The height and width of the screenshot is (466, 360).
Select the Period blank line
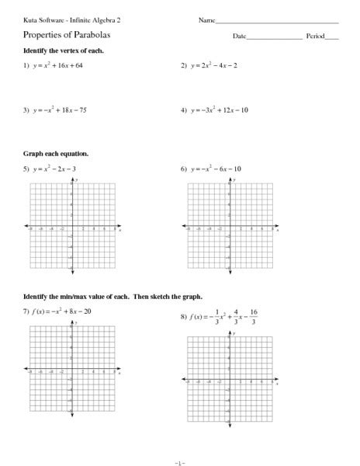point(332,38)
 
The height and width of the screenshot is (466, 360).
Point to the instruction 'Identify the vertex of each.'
point(64,50)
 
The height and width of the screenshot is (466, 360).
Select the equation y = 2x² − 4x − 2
point(215,66)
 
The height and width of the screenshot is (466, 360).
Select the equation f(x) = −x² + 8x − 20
point(65,311)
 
